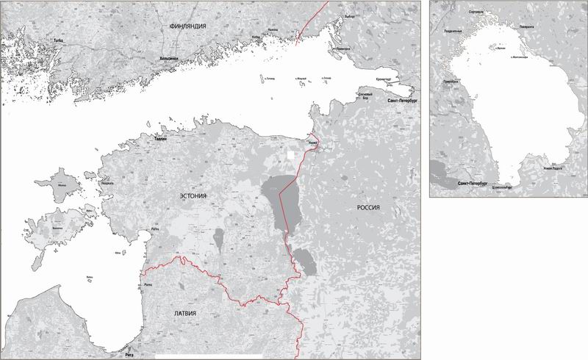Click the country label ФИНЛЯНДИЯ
pyautogui.click(x=187, y=26)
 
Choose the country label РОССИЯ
pyautogui.click(x=367, y=207)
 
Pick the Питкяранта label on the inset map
pyautogui.click(x=526, y=26)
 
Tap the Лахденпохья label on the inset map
pyautogui.click(x=453, y=32)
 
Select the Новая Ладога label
pyautogui.click(x=553, y=168)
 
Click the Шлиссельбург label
pyautogui.click(x=501, y=187)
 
